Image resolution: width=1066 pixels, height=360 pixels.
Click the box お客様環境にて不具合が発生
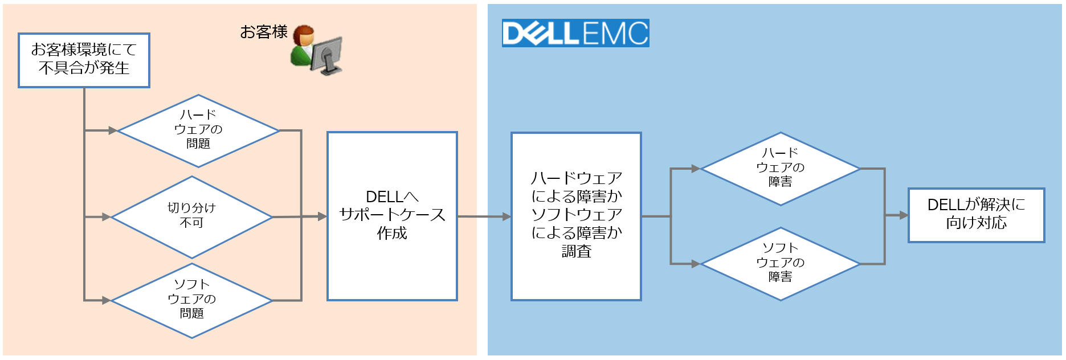tap(84, 60)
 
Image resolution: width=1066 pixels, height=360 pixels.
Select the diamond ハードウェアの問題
tap(198, 131)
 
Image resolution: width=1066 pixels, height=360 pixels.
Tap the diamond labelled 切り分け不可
tap(191, 217)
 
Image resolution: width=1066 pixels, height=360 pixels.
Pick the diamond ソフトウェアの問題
tap(191, 300)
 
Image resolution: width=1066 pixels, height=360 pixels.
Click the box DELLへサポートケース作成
tap(392, 216)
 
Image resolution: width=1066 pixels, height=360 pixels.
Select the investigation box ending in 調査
tap(576, 216)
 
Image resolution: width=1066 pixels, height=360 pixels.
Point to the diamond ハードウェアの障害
tap(780, 169)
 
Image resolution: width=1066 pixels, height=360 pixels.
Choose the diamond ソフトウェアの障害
tap(780, 264)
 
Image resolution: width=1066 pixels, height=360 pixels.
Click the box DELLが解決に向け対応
tap(976, 215)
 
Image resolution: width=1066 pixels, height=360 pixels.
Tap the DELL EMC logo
tap(575, 33)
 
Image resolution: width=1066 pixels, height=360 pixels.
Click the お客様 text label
tap(263, 32)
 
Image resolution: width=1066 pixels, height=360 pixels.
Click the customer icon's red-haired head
tap(304, 36)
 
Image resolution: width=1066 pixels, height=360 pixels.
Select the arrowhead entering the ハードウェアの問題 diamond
tap(112, 130)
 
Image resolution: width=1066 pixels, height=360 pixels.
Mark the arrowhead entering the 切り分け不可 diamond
tap(106, 217)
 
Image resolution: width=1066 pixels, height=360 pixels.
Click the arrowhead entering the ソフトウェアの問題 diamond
tap(106, 300)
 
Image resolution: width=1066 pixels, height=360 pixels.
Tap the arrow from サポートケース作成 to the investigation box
tap(484, 216)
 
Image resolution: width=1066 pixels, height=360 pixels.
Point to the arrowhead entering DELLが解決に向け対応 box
tap(904, 215)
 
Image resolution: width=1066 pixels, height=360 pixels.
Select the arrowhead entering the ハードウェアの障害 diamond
tap(695, 169)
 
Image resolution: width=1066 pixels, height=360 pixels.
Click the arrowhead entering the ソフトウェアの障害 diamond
tap(695, 264)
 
